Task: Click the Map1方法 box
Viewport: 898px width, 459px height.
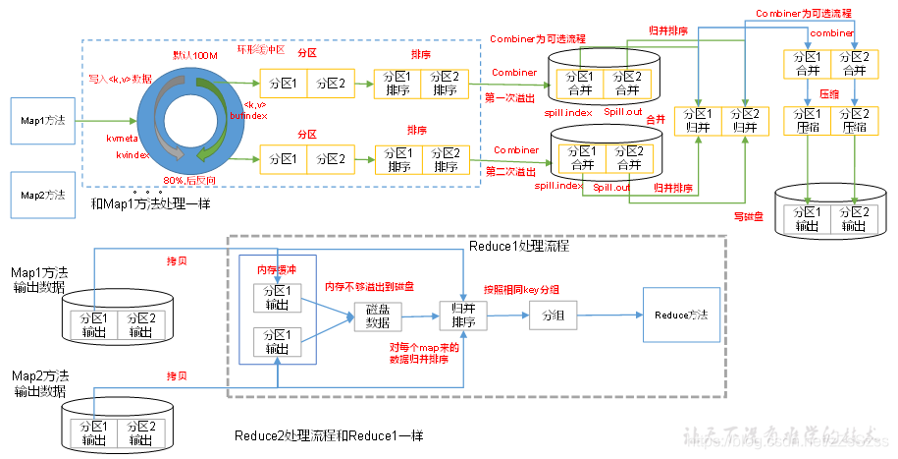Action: (41, 121)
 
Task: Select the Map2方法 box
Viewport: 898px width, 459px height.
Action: (41, 196)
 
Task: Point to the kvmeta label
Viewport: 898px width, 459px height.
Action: (124, 141)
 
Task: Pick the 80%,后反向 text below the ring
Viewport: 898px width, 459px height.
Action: (189, 181)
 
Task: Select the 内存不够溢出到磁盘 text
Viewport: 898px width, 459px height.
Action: (368, 287)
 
